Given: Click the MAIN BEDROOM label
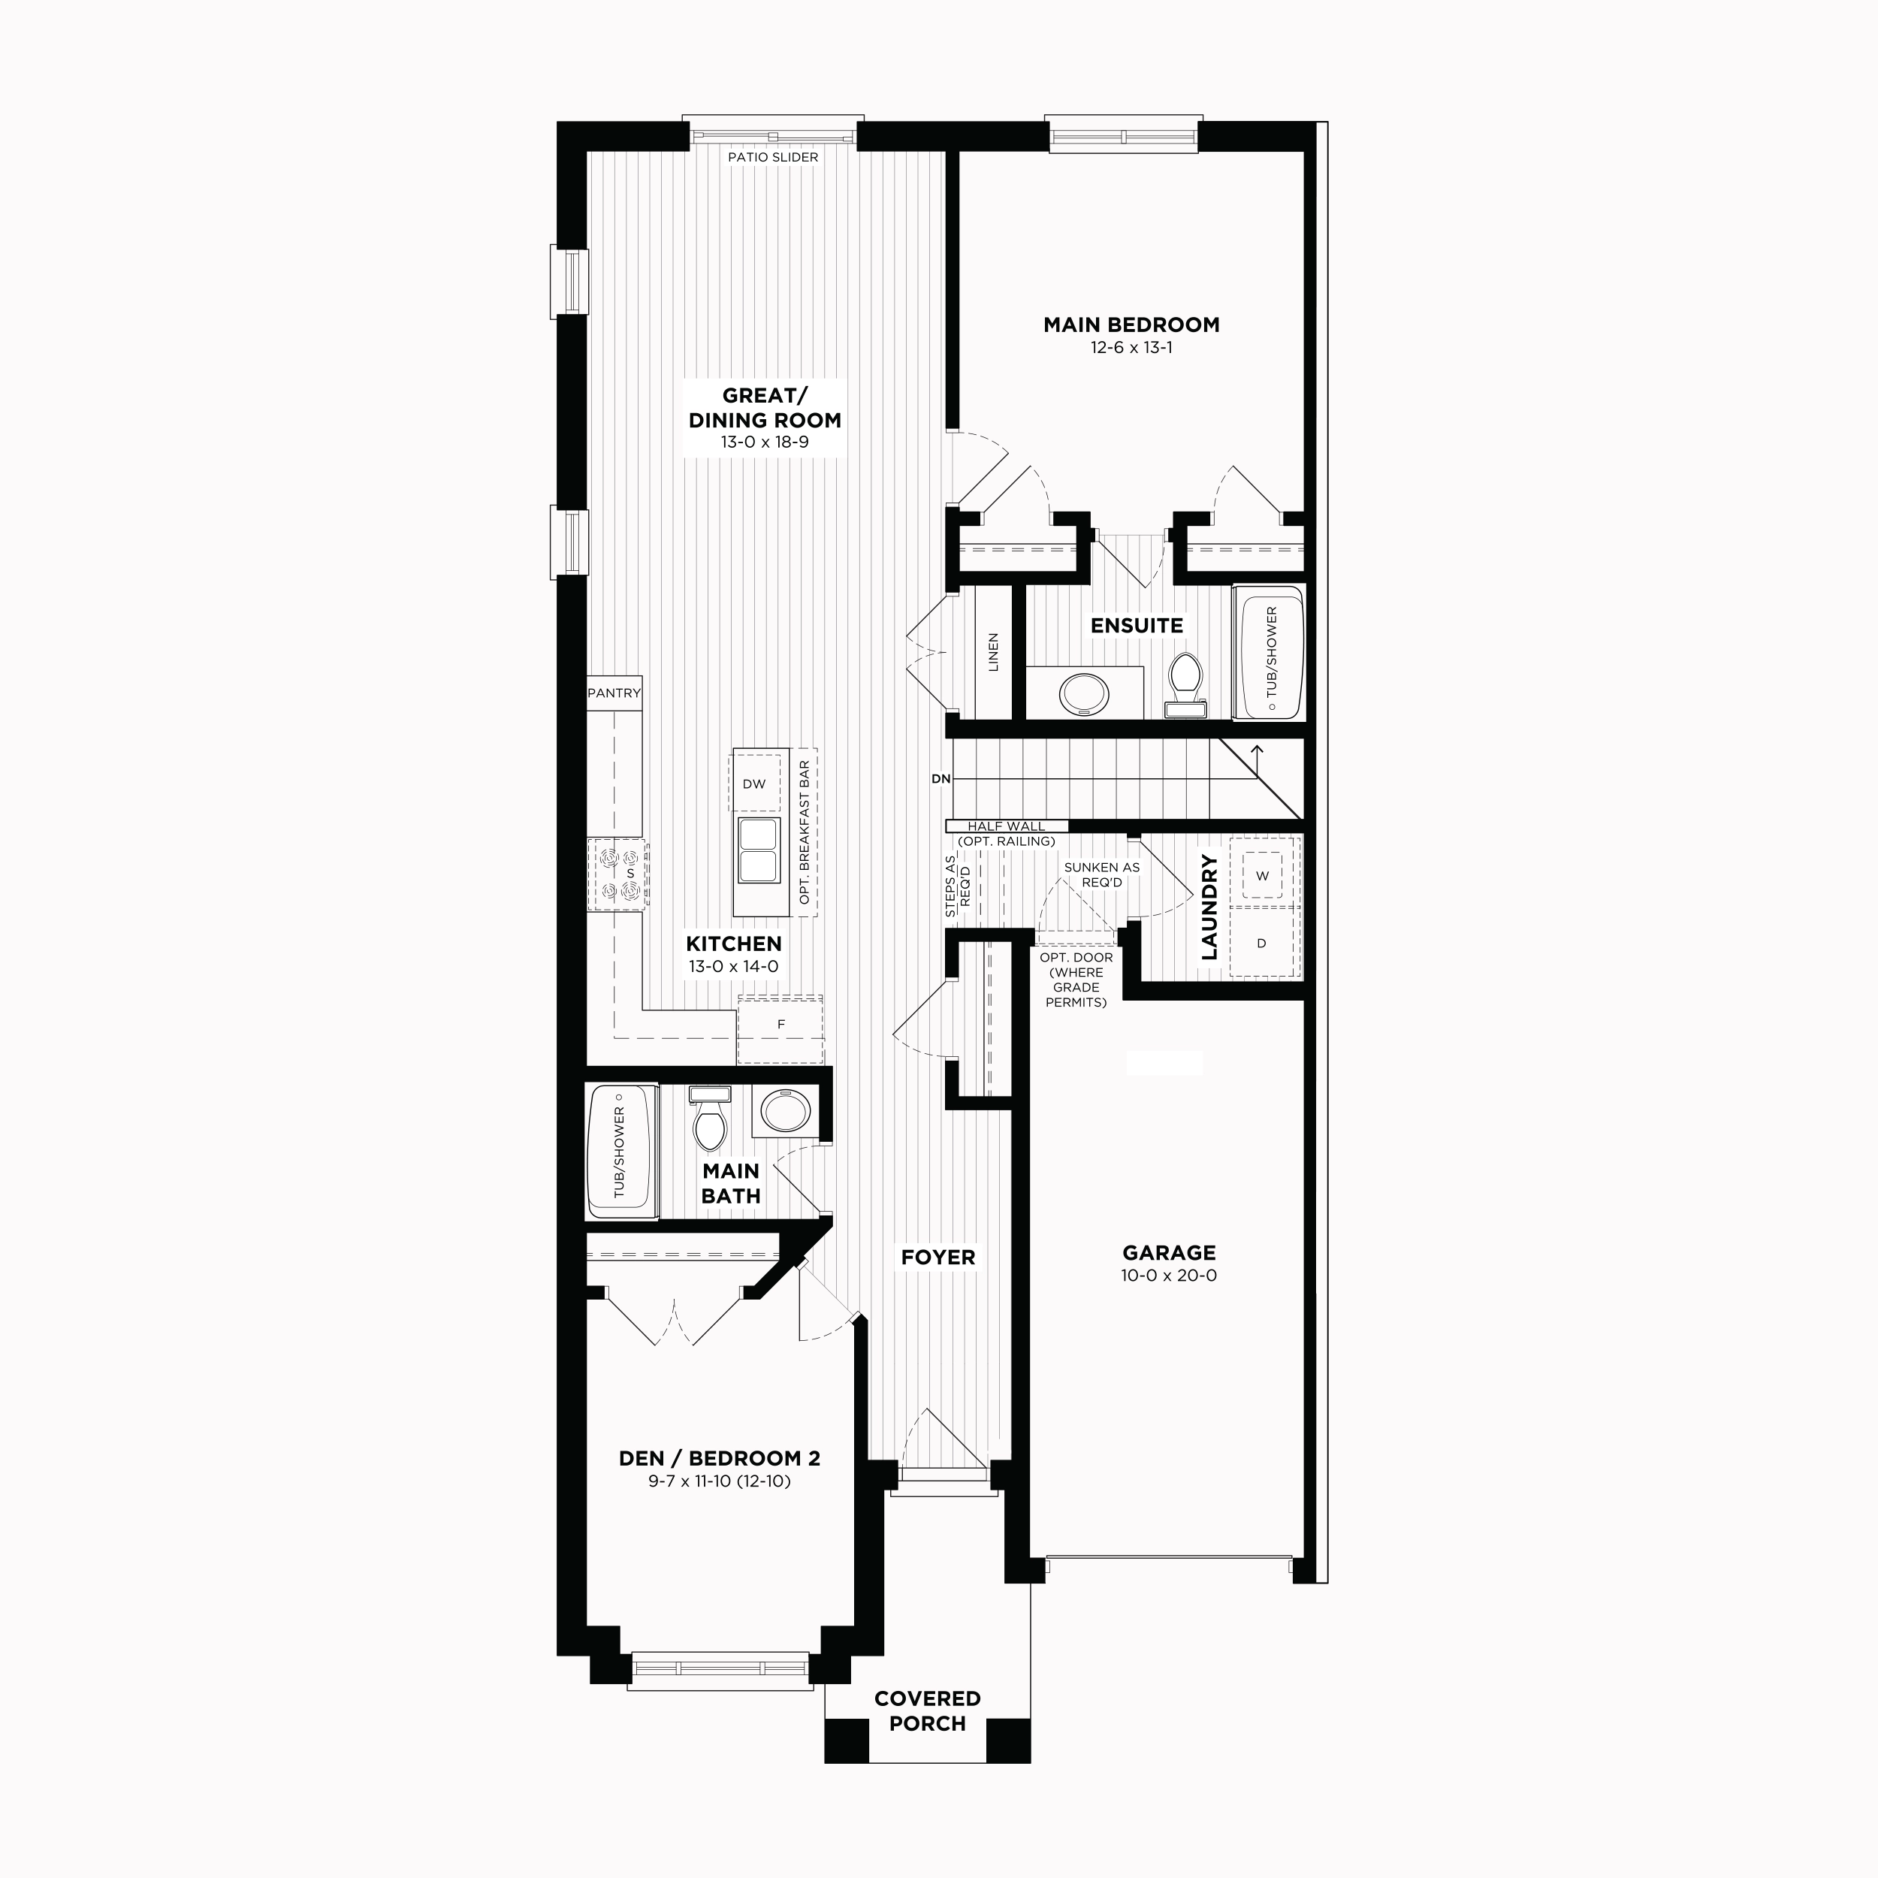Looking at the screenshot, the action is click(1131, 325).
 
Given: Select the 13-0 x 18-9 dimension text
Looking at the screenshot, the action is click(764, 442).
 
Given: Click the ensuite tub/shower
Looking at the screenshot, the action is click(1270, 652).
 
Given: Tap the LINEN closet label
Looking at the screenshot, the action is click(993, 652).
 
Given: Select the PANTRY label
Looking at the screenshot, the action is click(614, 693).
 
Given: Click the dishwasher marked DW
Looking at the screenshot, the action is click(755, 784).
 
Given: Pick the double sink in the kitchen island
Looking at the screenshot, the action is click(758, 850).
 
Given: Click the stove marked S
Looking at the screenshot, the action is click(618, 874).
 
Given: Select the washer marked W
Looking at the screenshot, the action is click(1263, 875).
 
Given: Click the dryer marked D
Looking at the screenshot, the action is click(1263, 942).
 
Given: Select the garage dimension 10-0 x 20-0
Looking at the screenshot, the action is click(1168, 1276).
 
